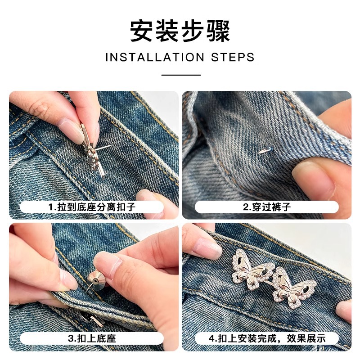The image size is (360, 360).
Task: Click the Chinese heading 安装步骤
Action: pyautogui.click(x=180, y=31)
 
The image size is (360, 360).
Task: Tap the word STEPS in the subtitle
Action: pyautogui.click(x=233, y=58)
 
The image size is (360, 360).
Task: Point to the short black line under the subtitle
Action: pyautogui.click(x=180, y=75)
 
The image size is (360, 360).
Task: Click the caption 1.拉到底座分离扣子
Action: pyautogui.click(x=92, y=207)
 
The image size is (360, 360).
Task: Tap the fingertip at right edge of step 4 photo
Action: pyautogui.click(x=344, y=310)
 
